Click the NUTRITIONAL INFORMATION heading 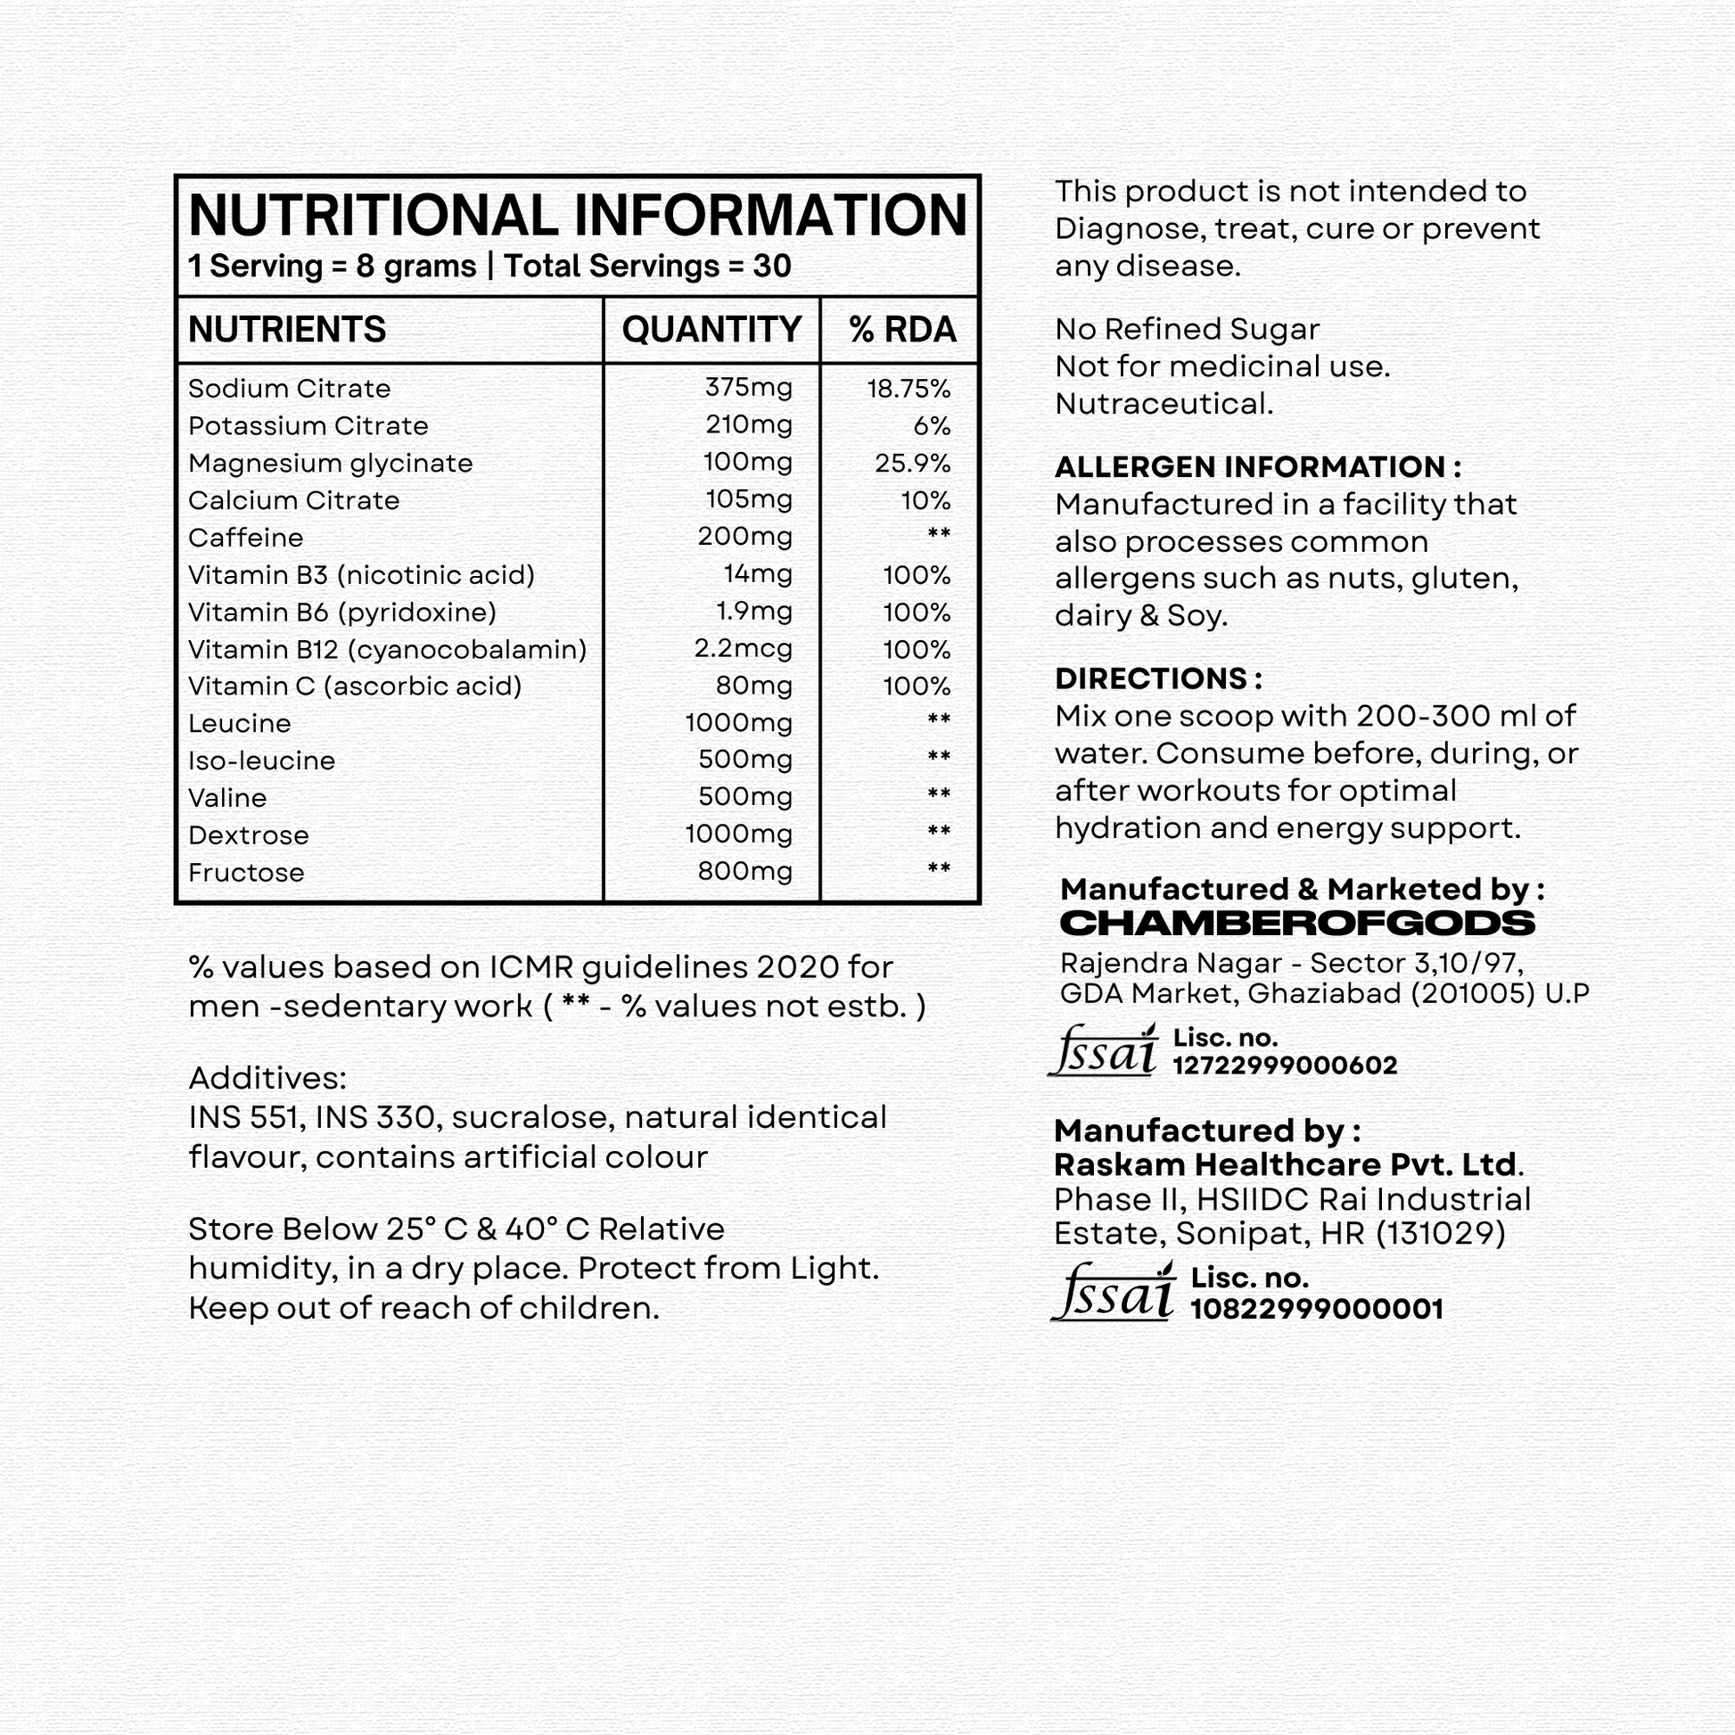pos(578,216)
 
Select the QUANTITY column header pos(711,330)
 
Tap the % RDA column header pos(901,330)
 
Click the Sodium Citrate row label pos(289,389)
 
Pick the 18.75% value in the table pos(908,389)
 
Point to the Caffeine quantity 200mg pos(744,537)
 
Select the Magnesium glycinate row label pos(330,464)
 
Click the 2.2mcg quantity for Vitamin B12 pos(743,648)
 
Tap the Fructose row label pos(246,873)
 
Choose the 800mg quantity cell pos(744,871)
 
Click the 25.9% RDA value pos(911,464)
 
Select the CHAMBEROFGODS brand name pos(1296,923)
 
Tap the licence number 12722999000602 pos(1284,1066)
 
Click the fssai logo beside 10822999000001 pos(1113,1293)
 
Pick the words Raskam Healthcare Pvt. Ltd pos(1286,1164)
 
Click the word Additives pos(267,1078)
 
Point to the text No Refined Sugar pos(1187,330)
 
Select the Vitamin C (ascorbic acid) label pos(355,687)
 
